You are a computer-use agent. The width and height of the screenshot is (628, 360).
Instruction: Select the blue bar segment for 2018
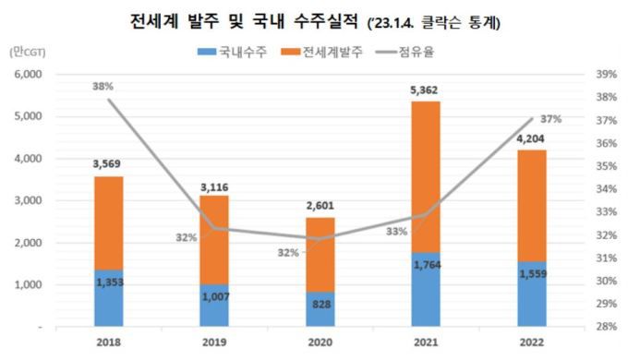pos(109,298)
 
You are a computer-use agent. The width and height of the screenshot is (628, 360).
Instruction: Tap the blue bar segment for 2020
pos(320,309)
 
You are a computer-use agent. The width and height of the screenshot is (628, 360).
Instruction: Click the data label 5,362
pos(426,91)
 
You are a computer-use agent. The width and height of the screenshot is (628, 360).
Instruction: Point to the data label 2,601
pos(320,208)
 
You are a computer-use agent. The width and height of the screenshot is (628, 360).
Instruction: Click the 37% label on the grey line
pos(576,119)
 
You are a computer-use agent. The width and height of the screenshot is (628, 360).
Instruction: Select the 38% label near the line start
pos(103,86)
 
